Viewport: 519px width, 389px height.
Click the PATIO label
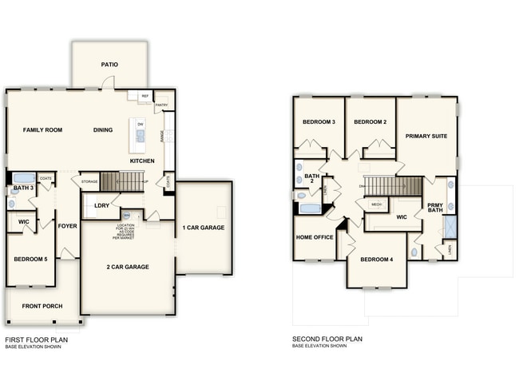[109, 65]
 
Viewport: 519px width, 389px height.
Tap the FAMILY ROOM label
[42, 129]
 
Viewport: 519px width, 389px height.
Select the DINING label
[103, 129]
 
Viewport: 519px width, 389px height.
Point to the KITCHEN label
[142, 161]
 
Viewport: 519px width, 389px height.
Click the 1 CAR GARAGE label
[204, 228]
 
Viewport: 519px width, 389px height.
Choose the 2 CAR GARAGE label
[128, 267]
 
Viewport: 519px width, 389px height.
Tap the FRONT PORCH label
[42, 306]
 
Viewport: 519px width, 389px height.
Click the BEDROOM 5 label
[30, 260]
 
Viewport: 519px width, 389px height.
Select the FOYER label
[67, 226]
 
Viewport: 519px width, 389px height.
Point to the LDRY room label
[101, 205]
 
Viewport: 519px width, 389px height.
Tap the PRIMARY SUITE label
[426, 136]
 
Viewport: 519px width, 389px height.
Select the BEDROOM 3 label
[318, 122]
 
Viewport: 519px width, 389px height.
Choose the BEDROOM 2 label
[370, 122]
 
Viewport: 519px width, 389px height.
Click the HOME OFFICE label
[315, 237]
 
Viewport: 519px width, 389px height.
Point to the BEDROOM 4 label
[375, 260]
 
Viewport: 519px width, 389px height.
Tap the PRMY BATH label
[434, 208]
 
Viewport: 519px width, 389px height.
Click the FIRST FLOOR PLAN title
[37, 339]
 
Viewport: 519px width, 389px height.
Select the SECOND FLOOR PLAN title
[327, 339]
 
